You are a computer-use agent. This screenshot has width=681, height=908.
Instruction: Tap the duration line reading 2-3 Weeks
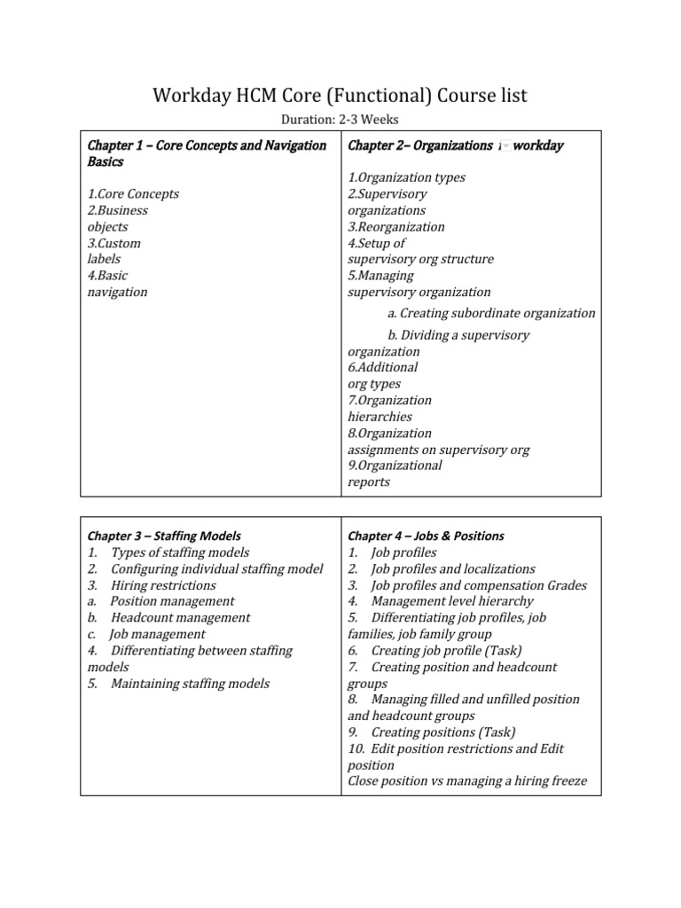point(340,121)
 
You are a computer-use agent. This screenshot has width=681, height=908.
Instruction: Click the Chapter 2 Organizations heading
point(455,145)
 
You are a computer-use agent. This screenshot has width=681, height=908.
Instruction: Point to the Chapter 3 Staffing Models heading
point(164,536)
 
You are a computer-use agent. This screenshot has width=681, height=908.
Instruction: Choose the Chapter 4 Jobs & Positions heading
point(426,536)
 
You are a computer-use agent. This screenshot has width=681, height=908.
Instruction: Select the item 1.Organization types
point(406,177)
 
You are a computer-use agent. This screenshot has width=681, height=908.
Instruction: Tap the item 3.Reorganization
point(395,227)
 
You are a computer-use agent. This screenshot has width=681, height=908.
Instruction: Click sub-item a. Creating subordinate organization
point(491,313)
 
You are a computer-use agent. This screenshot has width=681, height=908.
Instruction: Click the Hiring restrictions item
point(162,585)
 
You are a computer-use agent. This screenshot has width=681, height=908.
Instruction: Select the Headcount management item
point(180,617)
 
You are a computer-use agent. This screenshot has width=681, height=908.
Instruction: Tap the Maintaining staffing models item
point(190,683)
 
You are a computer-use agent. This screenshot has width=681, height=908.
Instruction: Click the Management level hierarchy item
point(452,601)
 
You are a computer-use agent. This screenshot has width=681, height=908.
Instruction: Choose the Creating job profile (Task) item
point(446,650)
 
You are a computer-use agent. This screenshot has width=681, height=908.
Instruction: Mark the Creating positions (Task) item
point(442,732)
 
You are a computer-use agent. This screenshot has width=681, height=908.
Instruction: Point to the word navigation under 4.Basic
point(117,292)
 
